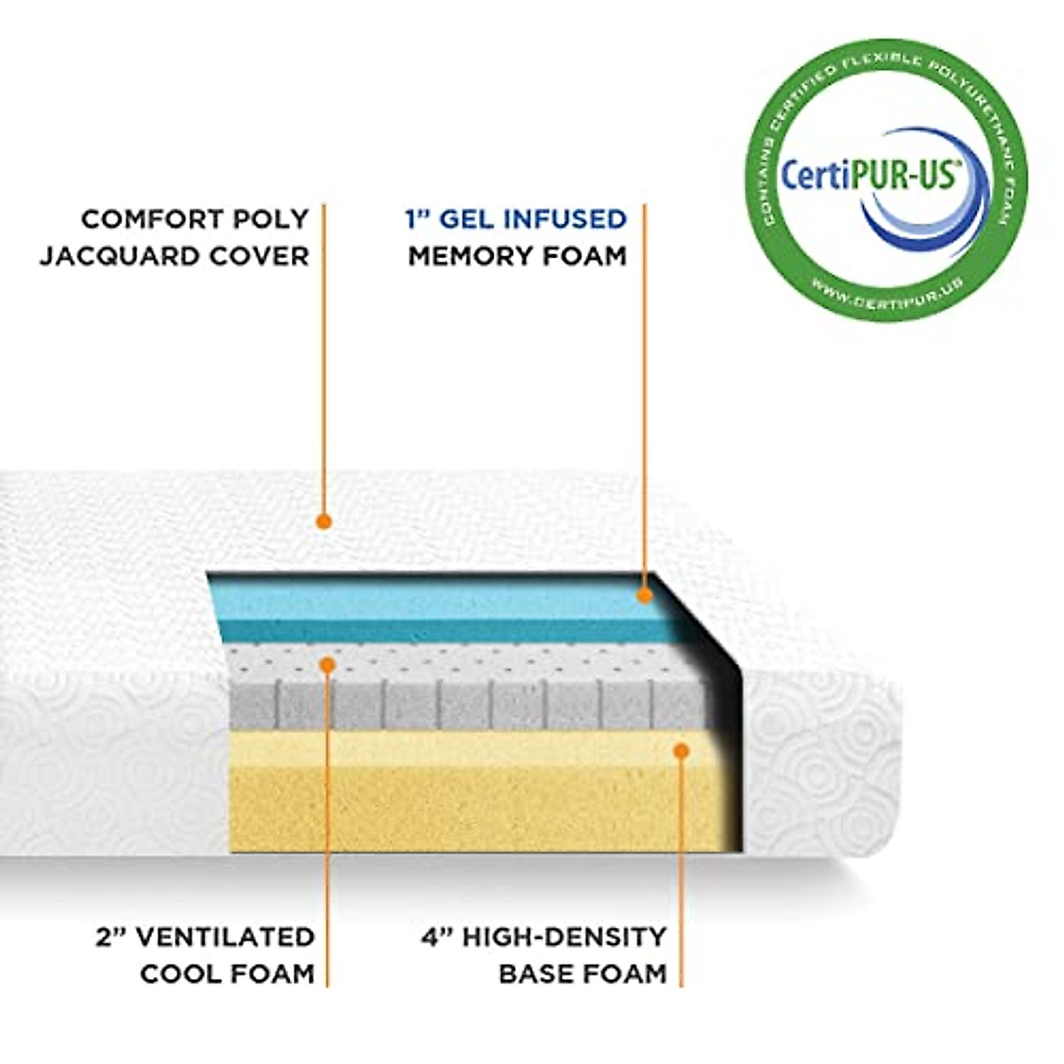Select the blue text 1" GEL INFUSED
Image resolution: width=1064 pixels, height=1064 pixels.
point(516,218)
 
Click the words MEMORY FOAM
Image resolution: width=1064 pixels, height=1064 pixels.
point(517,256)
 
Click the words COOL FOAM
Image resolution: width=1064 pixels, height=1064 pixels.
point(227,974)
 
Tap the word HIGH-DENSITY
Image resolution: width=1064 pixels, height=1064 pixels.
point(561,936)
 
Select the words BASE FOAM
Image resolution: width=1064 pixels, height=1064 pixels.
point(582,974)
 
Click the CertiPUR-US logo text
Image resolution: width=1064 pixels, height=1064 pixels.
point(868,175)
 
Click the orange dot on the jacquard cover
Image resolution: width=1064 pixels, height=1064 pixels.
point(324,521)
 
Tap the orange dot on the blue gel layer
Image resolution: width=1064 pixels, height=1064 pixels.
point(645,595)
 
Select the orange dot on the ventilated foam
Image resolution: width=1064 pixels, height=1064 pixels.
point(327,663)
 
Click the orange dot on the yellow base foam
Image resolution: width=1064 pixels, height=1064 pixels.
point(681,751)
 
